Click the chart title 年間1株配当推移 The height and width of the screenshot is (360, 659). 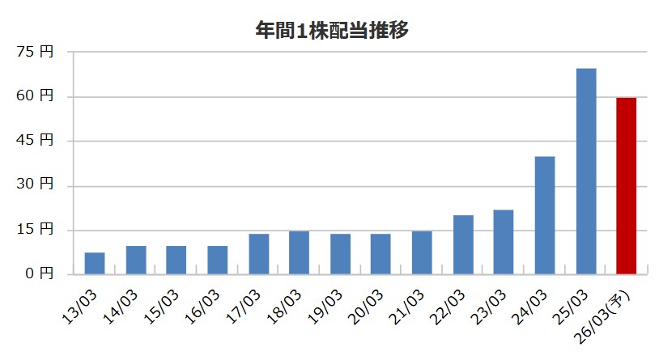pyautogui.click(x=330, y=31)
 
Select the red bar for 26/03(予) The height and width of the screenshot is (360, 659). pyautogui.click(x=627, y=186)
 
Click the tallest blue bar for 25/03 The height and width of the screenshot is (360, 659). pyautogui.click(x=586, y=172)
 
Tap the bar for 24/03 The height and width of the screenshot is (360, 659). pyautogui.click(x=545, y=215)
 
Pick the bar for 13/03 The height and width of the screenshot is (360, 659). pyautogui.click(x=95, y=264)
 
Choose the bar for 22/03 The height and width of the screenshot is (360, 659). pyautogui.click(x=463, y=245)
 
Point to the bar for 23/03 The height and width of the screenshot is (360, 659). pyautogui.click(x=504, y=242)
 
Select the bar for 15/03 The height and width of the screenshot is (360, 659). pyautogui.click(x=176, y=260)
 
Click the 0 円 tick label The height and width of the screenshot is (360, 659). pyautogui.click(x=40, y=274)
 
